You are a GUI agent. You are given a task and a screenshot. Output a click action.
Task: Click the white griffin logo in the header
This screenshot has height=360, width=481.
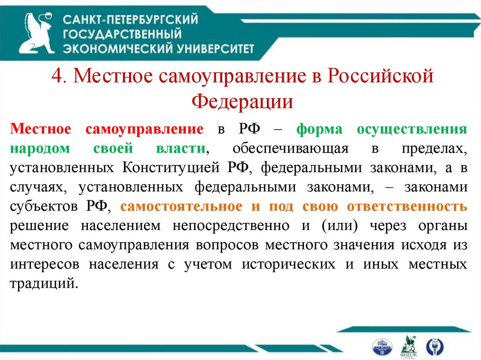[38, 33]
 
